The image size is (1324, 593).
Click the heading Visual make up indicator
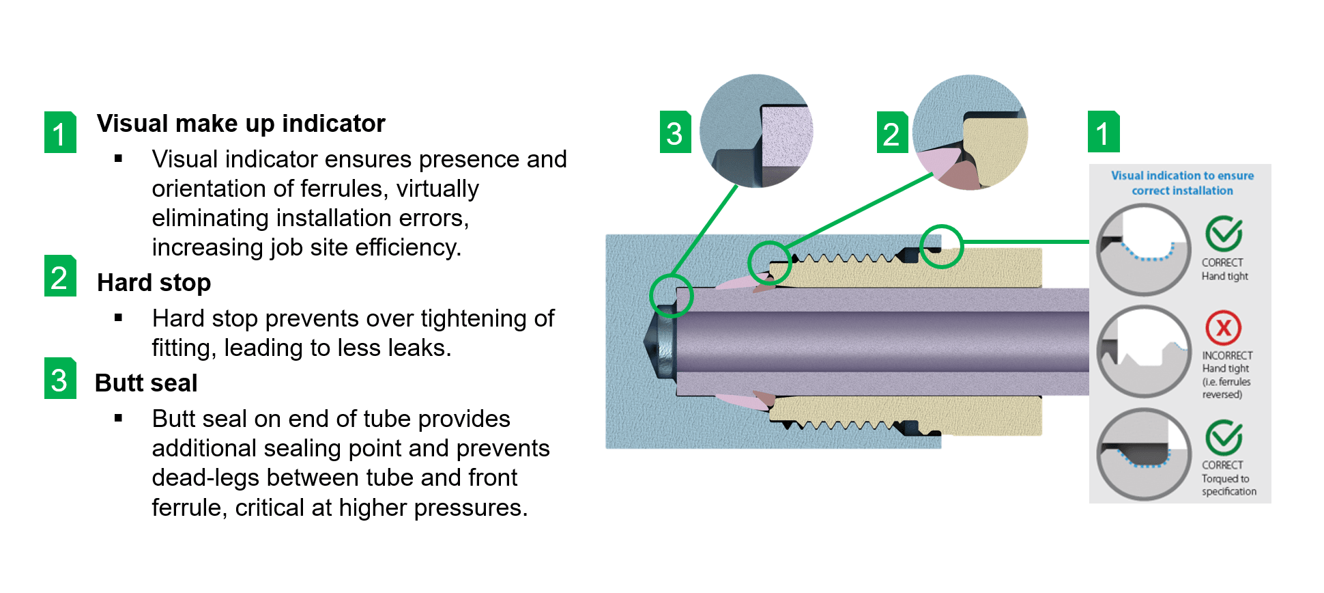click(241, 124)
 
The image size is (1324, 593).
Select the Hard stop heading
click(154, 283)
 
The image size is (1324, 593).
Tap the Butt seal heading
click(146, 383)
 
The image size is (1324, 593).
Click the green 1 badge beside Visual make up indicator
click(60, 133)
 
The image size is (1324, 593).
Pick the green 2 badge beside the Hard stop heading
click(60, 276)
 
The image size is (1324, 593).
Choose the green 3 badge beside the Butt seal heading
click(60, 378)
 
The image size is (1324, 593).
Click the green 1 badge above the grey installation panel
click(1103, 132)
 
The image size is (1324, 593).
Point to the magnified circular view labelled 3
click(756, 131)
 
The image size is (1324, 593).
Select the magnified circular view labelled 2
click(970, 133)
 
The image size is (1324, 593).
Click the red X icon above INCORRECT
click(1223, 328)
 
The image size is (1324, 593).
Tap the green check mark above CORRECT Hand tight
click(1223, 234)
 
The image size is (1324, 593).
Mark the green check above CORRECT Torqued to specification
click(1223, 437)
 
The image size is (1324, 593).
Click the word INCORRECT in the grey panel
click(1227, 355)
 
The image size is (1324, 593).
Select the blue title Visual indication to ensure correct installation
click(1182, 183)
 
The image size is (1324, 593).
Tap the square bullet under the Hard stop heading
click(119, 318)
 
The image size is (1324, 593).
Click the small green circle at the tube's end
click(672, 296)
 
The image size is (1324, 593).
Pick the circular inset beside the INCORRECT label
click(1143, 351)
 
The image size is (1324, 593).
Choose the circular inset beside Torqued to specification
click(1143, 454)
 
